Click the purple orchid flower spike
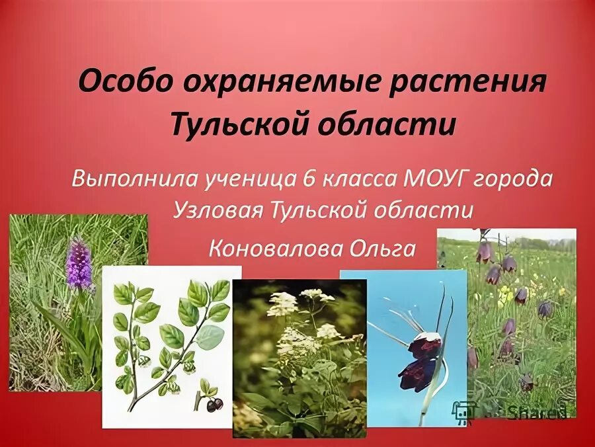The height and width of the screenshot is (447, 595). pos(79,264)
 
